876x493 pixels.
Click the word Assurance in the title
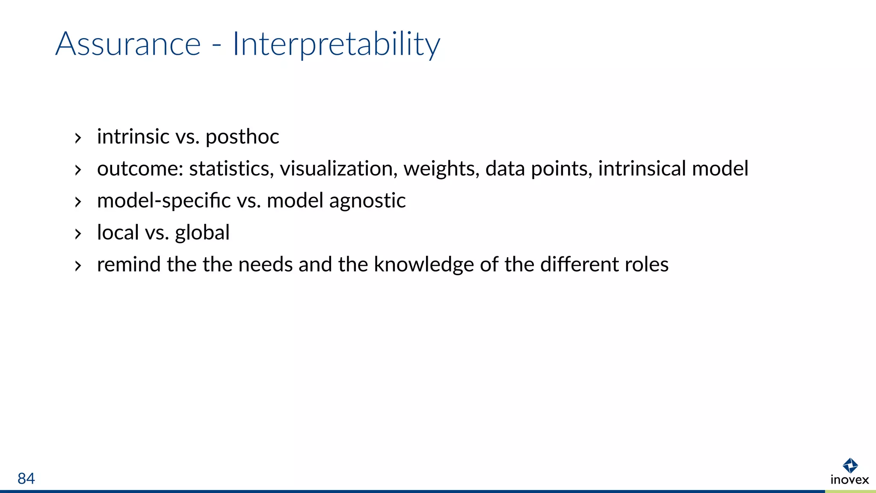(x=128, y=44)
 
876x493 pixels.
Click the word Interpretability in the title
(x=336, y=44)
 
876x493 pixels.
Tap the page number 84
(x=26, y=478)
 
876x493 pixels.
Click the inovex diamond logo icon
(x=850, y=465)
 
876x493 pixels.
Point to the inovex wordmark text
(x=849, y=480)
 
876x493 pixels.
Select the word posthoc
(x=242, y=137)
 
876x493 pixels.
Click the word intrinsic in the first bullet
(x=133, y=137)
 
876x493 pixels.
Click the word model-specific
(x=164, y=201)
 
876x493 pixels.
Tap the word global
(x=202, y=233)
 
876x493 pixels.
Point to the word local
(x=118, y=233)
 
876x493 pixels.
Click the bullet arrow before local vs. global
(x=78, y=234)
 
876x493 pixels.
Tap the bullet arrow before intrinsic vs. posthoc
(x=78, y=138)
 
